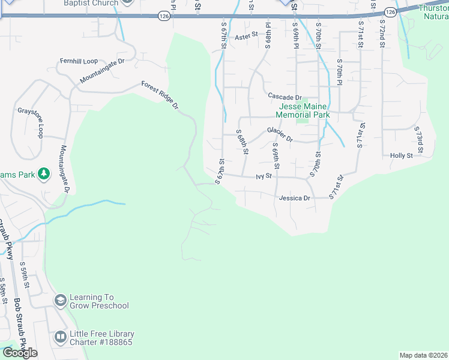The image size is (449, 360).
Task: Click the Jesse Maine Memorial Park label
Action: (x=303, y=110)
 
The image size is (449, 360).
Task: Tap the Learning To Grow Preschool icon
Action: (x=60, y=301)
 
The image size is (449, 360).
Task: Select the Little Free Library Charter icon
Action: (x=60, y=338)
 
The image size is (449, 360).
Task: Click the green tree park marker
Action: (x=43, y=174)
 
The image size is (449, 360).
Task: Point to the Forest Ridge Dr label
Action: (x=160, y=95)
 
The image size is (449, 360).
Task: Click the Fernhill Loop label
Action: (x=78, y=61)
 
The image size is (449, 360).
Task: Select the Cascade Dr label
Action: (x=285, y=97)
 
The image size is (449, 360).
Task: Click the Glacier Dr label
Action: (x=280, y=134)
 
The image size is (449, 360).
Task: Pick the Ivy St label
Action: (x=264, y=176)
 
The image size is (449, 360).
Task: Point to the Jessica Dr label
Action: (x=294, y=198)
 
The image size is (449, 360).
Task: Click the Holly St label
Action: (x=401, y=155)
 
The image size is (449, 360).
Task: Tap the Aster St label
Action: (x=246, y=37)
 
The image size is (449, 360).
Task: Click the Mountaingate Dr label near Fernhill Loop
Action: (x=102, y=71)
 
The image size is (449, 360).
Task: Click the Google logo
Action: (x=20, y=353)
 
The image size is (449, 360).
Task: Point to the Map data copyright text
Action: (x=424, y=355)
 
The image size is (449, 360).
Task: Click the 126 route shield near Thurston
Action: (x=390, y=11)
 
